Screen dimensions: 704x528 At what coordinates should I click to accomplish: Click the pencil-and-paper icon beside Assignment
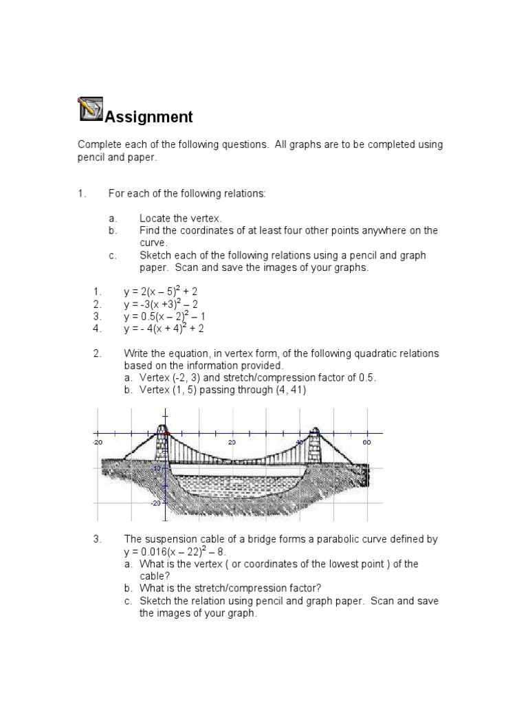(x=91, y=109)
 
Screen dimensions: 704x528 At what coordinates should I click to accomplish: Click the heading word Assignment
(x=148, y=117)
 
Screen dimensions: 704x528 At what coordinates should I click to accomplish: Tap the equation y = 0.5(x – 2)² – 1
(x=164, y=316)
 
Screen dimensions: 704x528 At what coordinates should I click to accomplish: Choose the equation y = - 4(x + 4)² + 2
(x=164, y=329)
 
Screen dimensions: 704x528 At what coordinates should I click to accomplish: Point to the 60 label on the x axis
(x=367, y=442)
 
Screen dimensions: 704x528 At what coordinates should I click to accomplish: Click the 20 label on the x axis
(x=232, y=442)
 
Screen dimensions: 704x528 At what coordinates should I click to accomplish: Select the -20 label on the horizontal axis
(x=98, y=442)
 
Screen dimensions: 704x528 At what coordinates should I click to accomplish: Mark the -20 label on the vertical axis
(x=156, y=503)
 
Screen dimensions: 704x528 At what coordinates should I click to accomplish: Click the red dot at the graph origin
(x=164, y=434)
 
